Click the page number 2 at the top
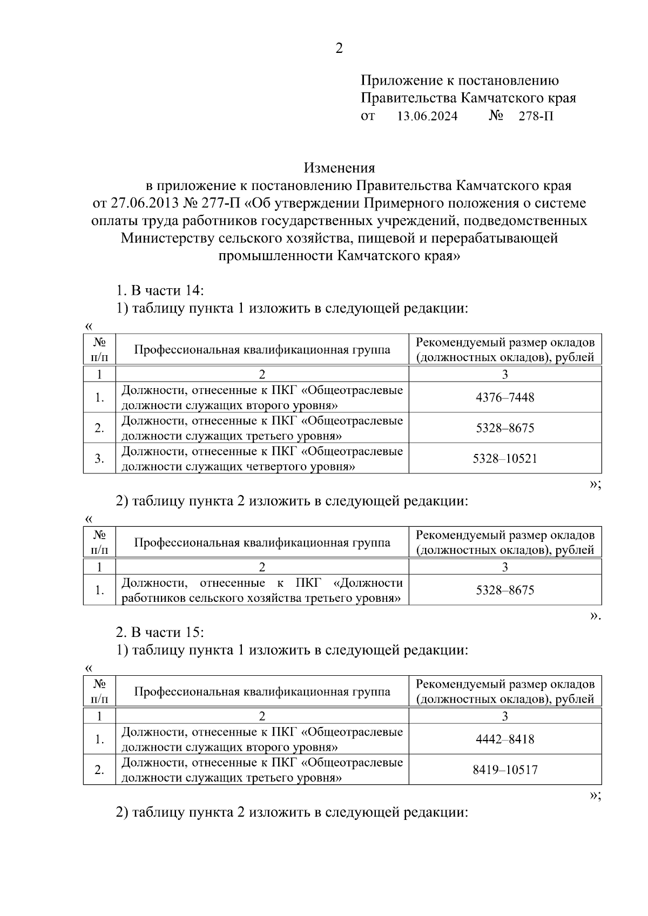[339, 49]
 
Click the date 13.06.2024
[427, 116]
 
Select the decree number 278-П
[536, 116]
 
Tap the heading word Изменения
[339, 168]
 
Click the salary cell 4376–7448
[505, 397]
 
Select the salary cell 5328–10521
[505, 459]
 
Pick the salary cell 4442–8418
[505, 739]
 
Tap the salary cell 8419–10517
[505, 770]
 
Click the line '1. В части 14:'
[160, 290]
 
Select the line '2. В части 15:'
[160, 632]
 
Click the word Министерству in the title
[167, 238]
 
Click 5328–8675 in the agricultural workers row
[505, 590]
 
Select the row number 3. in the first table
[99, 459]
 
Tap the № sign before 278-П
[496, 116]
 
